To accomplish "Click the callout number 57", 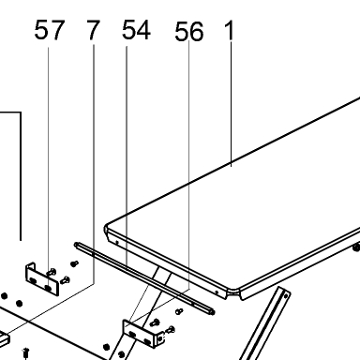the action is pyautogui.click(x=50, y=30).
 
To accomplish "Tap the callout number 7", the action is pyautogui.click(x=93, y=30).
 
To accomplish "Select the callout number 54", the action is pyautogui.click(x=136, y=30).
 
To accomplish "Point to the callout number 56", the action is pyautogui.click(x=189, y=31).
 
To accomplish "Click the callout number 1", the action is pyautogui.click(x=230, y=31).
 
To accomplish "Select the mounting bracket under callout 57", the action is pyautogui.click(x=42, y=279).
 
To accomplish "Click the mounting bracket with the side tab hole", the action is pyautogui.click(x=142, y=334).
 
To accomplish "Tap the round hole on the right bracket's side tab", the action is pyautogui.click(x=161, y=338).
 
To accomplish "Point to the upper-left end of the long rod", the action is pyautogui.click(x=77, y=245).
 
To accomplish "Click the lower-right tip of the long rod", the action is pyautogui.click(x=213, y=311).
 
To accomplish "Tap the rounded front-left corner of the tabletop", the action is pyautogui.click(x=106, y=228).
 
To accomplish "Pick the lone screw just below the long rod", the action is pyautogui.click(x=179, y=311).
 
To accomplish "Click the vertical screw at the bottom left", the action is pyautogui.click(x=26, y=353).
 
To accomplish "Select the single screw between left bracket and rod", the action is pyautogui.click(x=74, y=263).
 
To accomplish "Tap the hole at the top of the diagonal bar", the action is pyautogui.click(x=286, y=296).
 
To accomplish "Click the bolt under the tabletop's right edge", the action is pyautogui.click(x=356, y=247).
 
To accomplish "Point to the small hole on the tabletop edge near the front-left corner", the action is pyautogui.click(x=117, y=242).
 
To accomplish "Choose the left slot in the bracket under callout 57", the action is pyautogui.click(x=33, y=281).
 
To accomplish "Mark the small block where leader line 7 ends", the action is pyautogui.click(x=5, y=338).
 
